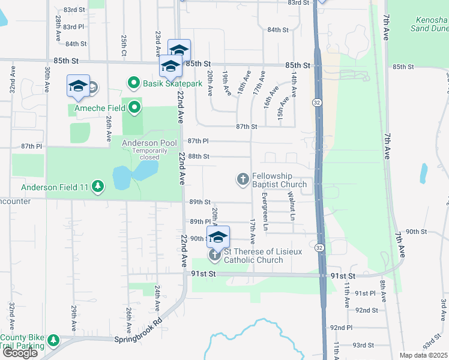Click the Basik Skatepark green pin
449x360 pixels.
pyautogui.click(x=133, y=82)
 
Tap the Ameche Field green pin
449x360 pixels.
pyautogui.click(x=134, y=108)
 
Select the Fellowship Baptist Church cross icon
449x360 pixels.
pyautogui.click(x=243, y=178)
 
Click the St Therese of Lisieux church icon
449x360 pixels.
pyautogui.click(x=215, y=256)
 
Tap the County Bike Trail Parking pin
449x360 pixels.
pyautogui.click(x=54, y=341)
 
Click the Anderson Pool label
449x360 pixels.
pyautogui.click(x=149, y=143)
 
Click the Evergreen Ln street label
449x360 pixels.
pyautogui.click(x=265, y=213)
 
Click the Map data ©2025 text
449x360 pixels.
pyautogui.click(x=423, y=355)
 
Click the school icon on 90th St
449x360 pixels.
pyautogui.click(x=218, y=236)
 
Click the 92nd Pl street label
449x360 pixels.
pyautogui.click(x=341, y=328)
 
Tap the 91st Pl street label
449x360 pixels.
pyautogui.click(x=365, y=293)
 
